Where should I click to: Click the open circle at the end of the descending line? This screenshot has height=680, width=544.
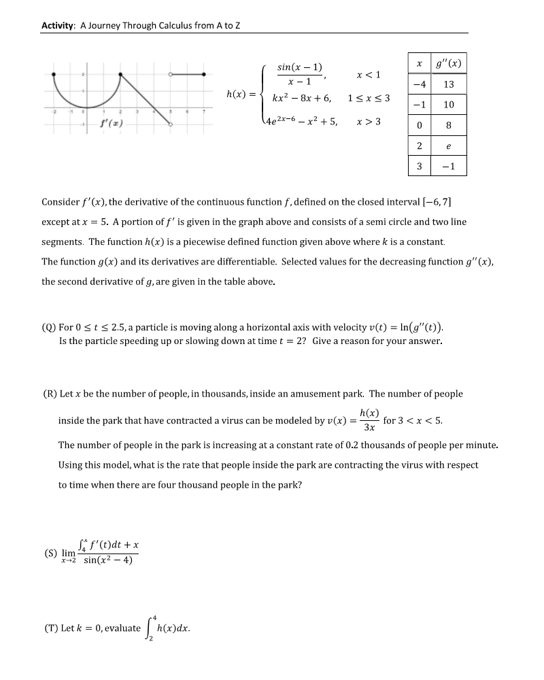point(170,124)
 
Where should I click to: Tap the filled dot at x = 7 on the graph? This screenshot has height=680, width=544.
point(203,74)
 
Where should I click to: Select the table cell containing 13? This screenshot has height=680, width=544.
point(448,84)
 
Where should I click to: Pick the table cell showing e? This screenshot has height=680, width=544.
point(448,146)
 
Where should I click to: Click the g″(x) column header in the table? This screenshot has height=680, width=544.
point(448,63)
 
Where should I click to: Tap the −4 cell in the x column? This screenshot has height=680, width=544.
point(420,84)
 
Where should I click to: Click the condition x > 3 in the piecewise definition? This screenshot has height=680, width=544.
point(368,122)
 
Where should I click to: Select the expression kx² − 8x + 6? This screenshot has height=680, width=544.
point(301,98)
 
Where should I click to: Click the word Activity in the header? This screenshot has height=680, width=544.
point(58,26)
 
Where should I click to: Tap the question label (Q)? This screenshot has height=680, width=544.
point(49,327)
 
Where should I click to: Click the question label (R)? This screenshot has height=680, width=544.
point(49,394)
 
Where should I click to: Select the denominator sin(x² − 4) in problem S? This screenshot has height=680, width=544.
point(107,560)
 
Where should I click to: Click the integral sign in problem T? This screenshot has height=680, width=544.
point(150,628)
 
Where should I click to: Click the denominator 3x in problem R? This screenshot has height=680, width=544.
point(369,428)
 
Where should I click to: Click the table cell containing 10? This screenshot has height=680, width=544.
point(448,105)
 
